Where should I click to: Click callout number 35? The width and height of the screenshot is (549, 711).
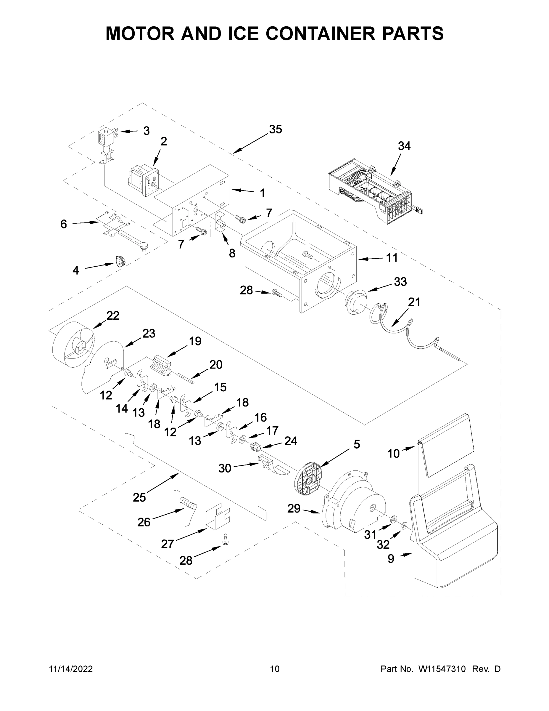click(275, 129)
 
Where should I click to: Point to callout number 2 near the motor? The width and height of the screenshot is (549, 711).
click(164, 141)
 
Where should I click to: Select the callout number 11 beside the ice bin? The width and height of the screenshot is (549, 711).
click(392, 258)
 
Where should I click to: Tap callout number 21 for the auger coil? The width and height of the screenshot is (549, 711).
click(414, 302)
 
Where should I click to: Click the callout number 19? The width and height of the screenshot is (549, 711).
click(195, 341)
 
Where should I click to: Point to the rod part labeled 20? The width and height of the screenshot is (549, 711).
click(186, 379)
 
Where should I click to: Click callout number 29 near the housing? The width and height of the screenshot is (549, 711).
click(294, 508)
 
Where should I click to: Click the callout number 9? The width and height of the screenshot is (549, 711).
click(391, 559)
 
